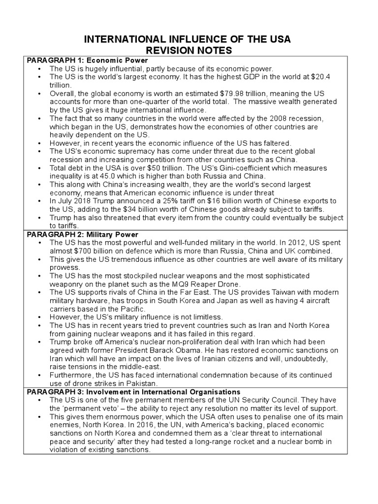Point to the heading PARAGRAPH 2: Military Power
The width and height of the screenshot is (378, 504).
coord(82,234)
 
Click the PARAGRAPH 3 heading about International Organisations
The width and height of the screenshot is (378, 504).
coord(133,392)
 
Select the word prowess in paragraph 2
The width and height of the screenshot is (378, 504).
coord(64,267)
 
